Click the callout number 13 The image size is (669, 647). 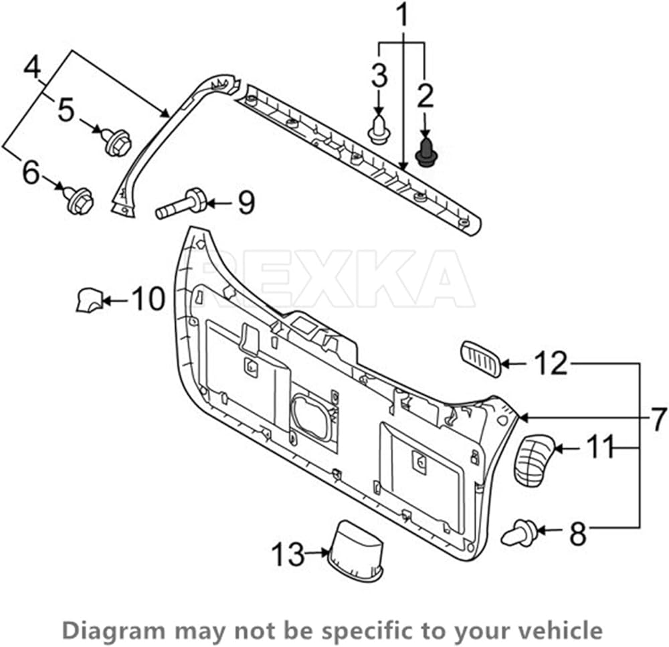(x=288, y=554)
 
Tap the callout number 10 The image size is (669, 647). (x=148, y=298)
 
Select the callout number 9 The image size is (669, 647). (x=246, y=202)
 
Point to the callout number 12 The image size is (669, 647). (x=551, y=363)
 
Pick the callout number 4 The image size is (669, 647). (x=32, y=68)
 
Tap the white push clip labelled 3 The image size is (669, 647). (x=377, y=128)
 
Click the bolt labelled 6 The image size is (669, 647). (x=80, y=200)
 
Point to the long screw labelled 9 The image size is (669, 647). (x=182, y=203)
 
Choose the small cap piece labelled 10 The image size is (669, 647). (x=90, y=300)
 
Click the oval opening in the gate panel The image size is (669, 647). (x=312, y=417)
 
